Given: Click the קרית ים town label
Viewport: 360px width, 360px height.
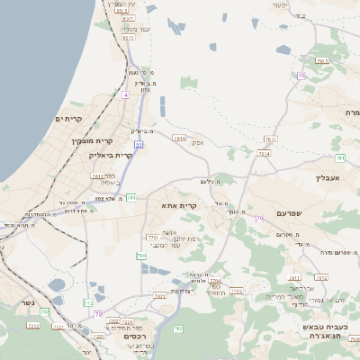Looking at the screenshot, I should [69, 119].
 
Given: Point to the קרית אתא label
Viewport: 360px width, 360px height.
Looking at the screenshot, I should [179, 205].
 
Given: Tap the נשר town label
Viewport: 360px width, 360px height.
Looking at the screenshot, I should [27, 301].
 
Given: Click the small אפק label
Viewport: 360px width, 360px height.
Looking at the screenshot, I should [199, 143].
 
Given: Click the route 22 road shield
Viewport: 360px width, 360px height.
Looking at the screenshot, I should [139, 143].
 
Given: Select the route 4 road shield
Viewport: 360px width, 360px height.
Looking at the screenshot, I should [127, 94].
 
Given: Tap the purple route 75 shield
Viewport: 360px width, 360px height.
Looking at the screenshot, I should [99, 314].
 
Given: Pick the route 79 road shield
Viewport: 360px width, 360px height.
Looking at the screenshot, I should [260, 219].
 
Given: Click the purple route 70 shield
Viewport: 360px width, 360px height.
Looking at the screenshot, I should [301, 76].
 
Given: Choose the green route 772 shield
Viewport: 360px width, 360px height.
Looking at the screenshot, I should [88, 303].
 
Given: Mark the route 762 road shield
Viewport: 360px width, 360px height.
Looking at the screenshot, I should [177, 328].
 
